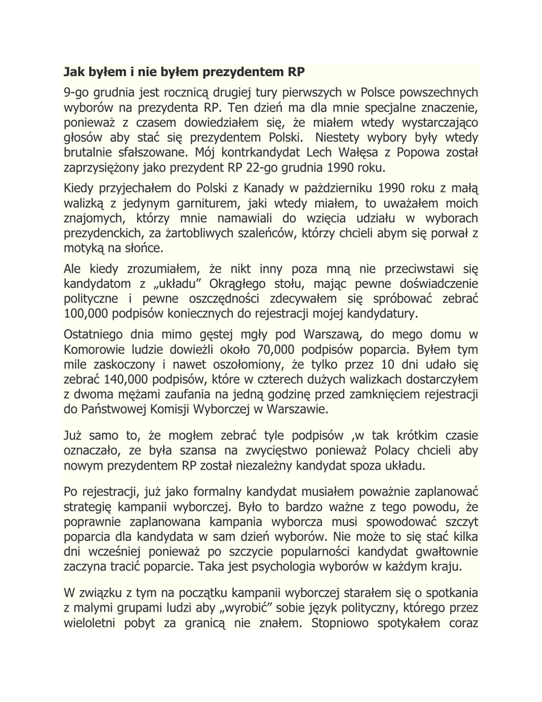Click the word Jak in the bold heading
(74, 71)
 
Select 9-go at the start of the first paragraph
(77, 92)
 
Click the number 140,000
(119, 379)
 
